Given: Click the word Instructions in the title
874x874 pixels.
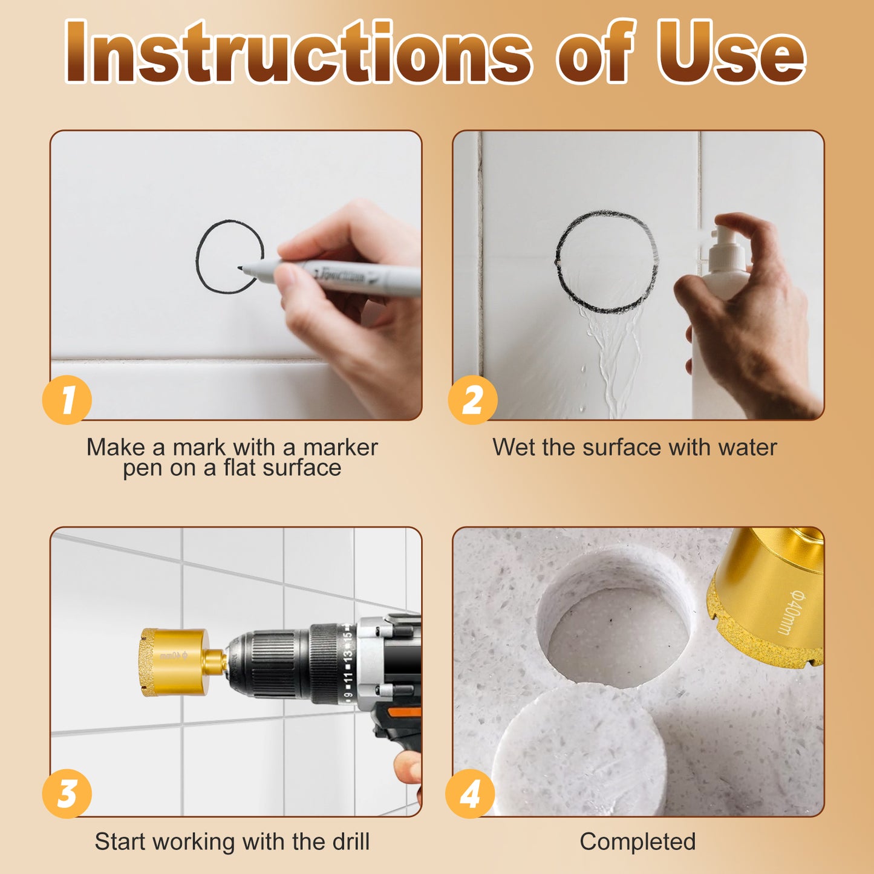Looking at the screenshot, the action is click(297, 51).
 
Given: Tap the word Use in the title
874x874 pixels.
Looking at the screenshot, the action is click(731, 51).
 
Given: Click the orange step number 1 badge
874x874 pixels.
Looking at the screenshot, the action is click(67, 400).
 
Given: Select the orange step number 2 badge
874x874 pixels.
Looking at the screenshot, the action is click(472, 400).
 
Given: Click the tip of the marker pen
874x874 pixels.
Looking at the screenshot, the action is click(240, 268).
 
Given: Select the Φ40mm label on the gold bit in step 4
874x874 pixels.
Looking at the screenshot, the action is click(790, 612).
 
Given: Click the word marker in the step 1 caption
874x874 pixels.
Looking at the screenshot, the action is click(341, 447).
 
